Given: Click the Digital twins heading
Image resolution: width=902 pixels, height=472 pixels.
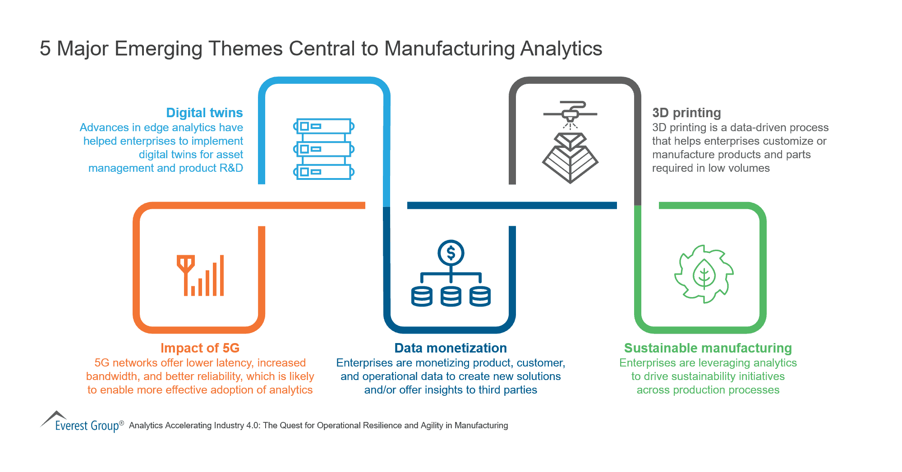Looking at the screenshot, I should click(x=204, y=113).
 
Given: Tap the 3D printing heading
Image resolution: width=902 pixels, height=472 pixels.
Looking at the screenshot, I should click(x=686, y=113).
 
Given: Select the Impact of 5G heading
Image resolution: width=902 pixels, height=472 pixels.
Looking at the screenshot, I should click(x=200, y=348).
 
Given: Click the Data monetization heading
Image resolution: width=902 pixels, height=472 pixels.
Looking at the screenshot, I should click(x=451, y=348).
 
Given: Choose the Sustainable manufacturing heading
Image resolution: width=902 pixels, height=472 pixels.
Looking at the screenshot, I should click(x=708, y=348).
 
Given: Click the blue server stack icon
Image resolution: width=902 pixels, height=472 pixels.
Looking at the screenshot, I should click(x=324, y=149).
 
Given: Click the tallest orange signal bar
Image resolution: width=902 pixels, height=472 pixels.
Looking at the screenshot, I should click(x=221, y=275).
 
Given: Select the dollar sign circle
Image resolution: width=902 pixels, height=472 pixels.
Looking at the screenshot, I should click(x=451, y=253).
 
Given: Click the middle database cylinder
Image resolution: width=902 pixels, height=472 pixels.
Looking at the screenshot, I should click(x=451, y=296).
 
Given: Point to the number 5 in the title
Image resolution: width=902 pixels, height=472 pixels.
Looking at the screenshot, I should click(x=45, y=49).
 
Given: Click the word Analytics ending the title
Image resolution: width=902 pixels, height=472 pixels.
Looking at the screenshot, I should click(x=561, y=49).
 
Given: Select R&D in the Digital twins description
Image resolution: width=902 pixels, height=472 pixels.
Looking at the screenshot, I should click(x=231, y=168).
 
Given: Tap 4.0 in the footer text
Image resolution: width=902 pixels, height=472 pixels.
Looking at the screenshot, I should click(x=252, y=426).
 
